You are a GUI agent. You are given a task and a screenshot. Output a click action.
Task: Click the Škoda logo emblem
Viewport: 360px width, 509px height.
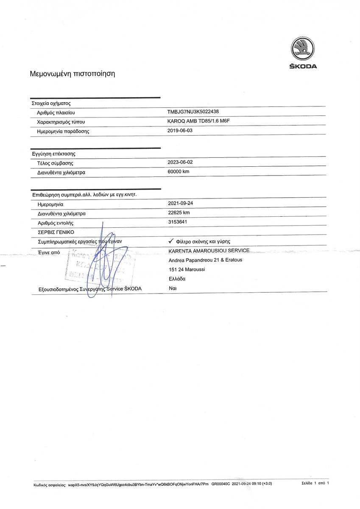click(x=303, y=48)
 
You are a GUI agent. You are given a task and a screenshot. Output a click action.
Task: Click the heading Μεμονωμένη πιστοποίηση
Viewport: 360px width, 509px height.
click(x=72, y=73)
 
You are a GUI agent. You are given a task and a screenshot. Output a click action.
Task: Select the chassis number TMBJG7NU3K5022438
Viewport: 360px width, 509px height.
click(x=193, y=112)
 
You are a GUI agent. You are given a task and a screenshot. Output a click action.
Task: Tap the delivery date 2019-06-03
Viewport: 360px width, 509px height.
click(x=180, y=131)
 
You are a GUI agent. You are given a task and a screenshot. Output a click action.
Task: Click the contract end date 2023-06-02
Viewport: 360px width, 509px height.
click(x=180, y=162)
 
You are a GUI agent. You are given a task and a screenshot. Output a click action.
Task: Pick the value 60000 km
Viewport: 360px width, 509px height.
click(x=179, y=171)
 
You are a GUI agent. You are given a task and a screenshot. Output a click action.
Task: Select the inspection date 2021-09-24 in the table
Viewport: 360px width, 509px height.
click(x=181, y=203)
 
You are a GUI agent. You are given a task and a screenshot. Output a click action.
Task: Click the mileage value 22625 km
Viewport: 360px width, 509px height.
click(x=179, y=213)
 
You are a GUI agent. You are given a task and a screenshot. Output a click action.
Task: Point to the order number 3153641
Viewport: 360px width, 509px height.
click(x=178, y=222)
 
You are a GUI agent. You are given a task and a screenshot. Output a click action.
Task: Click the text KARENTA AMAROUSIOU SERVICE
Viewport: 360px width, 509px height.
click(x=209, y=251)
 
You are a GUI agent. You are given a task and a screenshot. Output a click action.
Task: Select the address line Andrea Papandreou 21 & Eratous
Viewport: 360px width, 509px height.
click(x=205, y=260)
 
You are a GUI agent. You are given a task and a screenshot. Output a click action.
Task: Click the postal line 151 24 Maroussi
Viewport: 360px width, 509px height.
click(x=187, y=269)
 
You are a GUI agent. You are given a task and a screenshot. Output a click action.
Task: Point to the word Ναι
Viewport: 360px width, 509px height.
click(x=173, y=288)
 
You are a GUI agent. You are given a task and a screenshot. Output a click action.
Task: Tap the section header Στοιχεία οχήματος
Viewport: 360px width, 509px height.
click(x=51, y=103)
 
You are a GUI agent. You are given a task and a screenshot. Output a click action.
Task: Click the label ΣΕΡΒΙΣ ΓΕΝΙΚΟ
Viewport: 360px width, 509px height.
click(x=56, y=232)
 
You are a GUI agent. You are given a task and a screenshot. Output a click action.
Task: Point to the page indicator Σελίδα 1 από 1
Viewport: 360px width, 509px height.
click(x=315, y=483)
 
